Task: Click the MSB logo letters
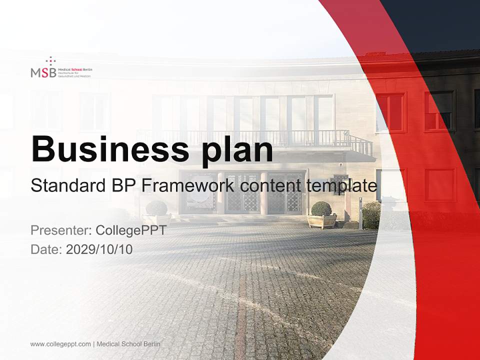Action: coord(43,72)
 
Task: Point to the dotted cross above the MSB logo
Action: coord(50,61)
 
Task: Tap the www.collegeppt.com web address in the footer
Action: coord(60,344)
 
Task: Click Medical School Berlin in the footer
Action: coord(128,344)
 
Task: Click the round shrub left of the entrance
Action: coord(157,207)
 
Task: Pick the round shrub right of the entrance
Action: coord(321,208)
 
